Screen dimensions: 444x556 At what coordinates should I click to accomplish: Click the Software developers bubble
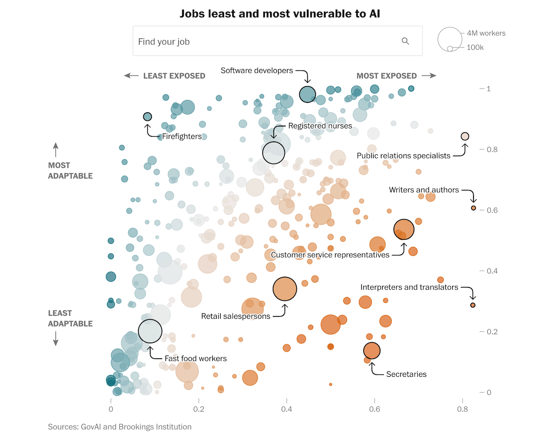pos(307,94)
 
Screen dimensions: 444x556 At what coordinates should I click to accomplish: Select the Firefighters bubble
pos(147,117)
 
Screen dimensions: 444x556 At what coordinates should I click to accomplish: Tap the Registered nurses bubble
pos(273,152)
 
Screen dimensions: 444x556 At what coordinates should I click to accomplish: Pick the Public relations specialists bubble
pos(465,136)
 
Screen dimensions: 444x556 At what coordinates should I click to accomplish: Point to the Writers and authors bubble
pos(473,208)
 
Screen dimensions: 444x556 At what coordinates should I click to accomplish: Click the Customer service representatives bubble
pos(404,229)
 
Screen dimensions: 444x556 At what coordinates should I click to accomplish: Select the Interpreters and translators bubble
pos(473,305)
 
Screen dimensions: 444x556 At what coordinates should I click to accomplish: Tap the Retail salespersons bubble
pos(284,289)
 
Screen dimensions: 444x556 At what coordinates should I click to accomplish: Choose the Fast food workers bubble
pos(150,331)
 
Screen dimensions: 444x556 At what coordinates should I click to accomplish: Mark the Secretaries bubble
pos(372,351)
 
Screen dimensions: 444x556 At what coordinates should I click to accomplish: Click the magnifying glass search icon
pos(405,41)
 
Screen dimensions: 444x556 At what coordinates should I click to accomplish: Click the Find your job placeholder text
pos(164,42)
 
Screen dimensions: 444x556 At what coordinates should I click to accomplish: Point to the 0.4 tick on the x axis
pos(286,410)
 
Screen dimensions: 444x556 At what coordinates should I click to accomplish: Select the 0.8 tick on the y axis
pos(487,149)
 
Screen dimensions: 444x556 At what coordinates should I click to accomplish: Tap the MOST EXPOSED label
pos(386,76)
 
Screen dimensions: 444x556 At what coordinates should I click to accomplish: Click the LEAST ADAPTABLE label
pos(70,318)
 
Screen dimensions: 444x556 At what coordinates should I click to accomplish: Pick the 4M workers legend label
pos(486,33)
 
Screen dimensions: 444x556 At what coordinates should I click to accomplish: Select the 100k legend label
pos(475,47)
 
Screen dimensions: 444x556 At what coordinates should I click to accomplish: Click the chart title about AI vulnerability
pos(280,14)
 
